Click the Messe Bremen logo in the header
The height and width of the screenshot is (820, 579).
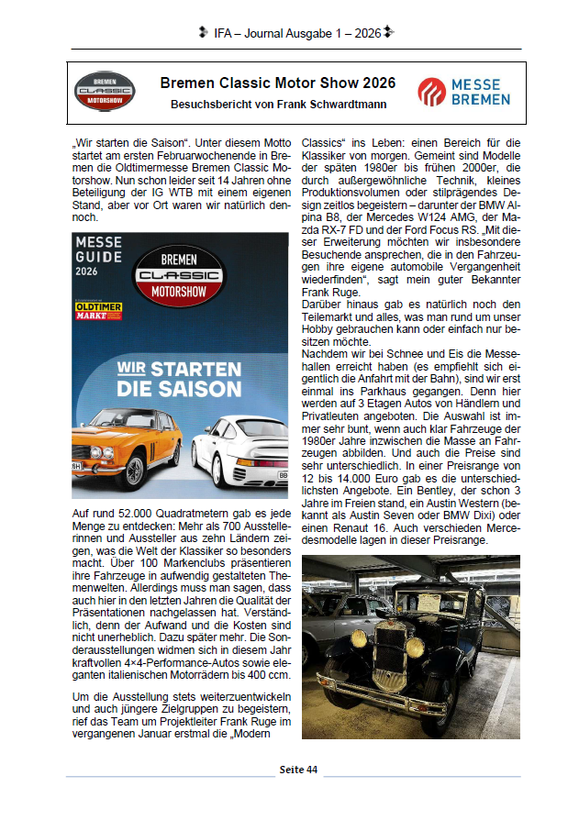(460, 92)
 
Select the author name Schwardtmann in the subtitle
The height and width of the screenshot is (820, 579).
(350, 105)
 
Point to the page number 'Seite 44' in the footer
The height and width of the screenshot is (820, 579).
(298, 770)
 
